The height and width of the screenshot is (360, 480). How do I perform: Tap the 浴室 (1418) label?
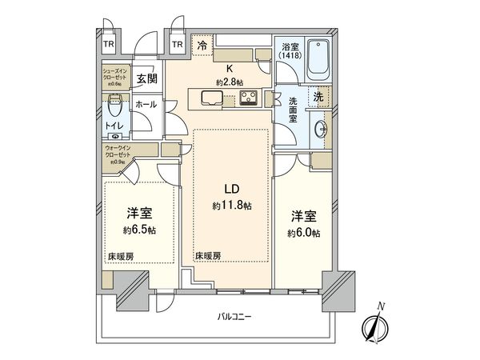point(291,50)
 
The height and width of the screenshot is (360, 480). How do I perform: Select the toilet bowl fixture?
point(116,103)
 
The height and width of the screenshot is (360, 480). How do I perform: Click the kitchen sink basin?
point(213,99)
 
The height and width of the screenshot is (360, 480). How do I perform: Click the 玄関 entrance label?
point(146,78)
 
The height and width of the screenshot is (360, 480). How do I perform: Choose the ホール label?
point(146,104)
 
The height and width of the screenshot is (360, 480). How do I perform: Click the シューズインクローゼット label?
point(115,75)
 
